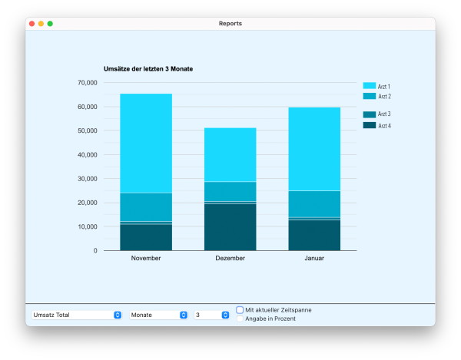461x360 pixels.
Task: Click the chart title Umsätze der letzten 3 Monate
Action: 148,69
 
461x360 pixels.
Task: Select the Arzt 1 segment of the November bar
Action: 146,143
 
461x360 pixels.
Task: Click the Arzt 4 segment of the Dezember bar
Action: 230,226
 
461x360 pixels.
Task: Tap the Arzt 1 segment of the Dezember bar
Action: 230,154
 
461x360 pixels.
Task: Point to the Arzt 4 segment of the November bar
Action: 146,237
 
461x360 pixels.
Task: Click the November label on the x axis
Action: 146,259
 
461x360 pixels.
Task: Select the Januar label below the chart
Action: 314,259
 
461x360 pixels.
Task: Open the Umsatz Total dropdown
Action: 77,315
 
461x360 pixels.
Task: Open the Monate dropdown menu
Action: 159,315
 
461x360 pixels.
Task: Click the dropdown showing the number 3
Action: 211,315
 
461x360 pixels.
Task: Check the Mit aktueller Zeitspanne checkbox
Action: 240,310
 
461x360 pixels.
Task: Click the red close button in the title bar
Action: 32,24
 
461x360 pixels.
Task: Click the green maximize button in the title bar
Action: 50,24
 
